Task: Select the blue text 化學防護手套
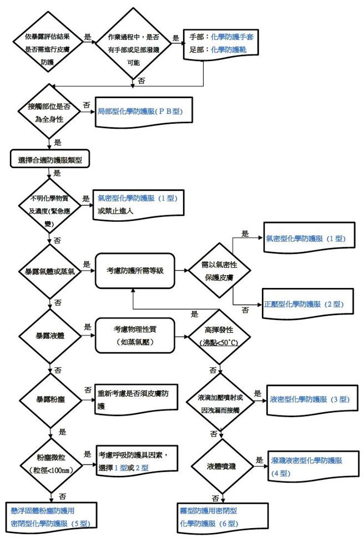click(233, 38)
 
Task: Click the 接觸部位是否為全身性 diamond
click(49, 111)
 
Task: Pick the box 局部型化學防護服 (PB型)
click(139, 112)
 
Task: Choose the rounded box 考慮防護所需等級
click(135, 271)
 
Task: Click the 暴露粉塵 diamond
click(50, 399)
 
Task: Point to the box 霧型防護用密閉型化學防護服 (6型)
click(216, 516)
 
